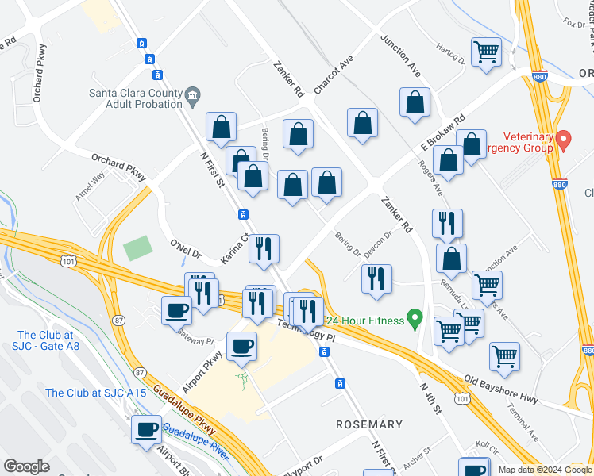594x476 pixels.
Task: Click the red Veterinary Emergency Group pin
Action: coord(564,141)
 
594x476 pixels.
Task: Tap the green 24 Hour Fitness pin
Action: coord(414,320)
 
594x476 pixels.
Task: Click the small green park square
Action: coord(138,248)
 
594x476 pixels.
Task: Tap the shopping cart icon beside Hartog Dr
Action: coord(486,53)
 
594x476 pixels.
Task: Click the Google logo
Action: coord(27,466)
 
